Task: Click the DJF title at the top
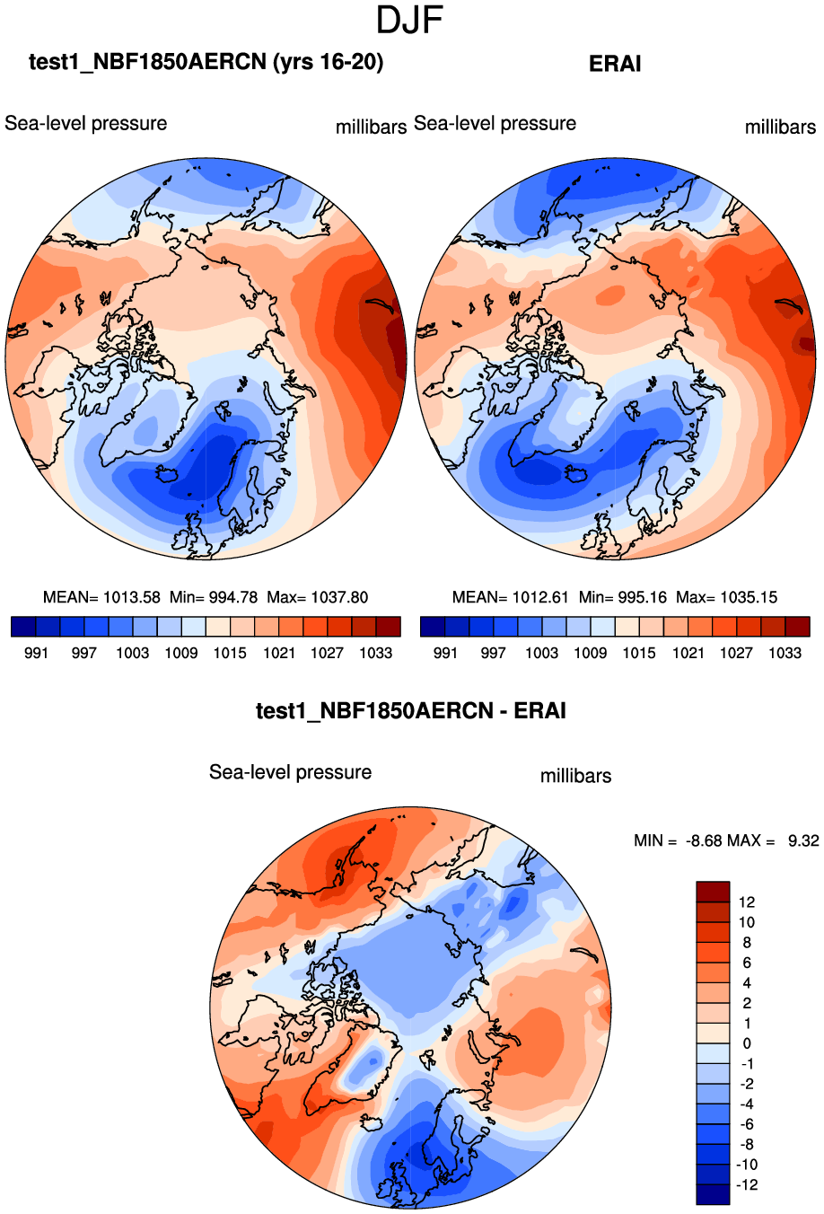coord(410,21)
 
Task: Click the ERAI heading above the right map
coord(615,64)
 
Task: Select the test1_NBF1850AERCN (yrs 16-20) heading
coord(206,62)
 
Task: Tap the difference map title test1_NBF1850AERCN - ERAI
coord(411,711)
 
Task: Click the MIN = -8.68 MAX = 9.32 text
coord(726,840)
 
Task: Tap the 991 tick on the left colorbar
coord(36,653)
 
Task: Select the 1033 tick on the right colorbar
coord(785,653)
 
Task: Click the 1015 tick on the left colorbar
coord(230,653)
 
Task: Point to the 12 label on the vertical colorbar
coord(747,902)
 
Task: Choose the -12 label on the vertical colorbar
coord(747,1185)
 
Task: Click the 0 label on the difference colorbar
coord(746,1043)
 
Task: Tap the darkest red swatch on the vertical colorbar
coord(713,892)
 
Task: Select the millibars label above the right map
coord(780,128)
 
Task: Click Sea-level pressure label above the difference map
coord(290,772)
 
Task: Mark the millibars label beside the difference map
coord(575,776)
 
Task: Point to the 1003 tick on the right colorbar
coord(542,653)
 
